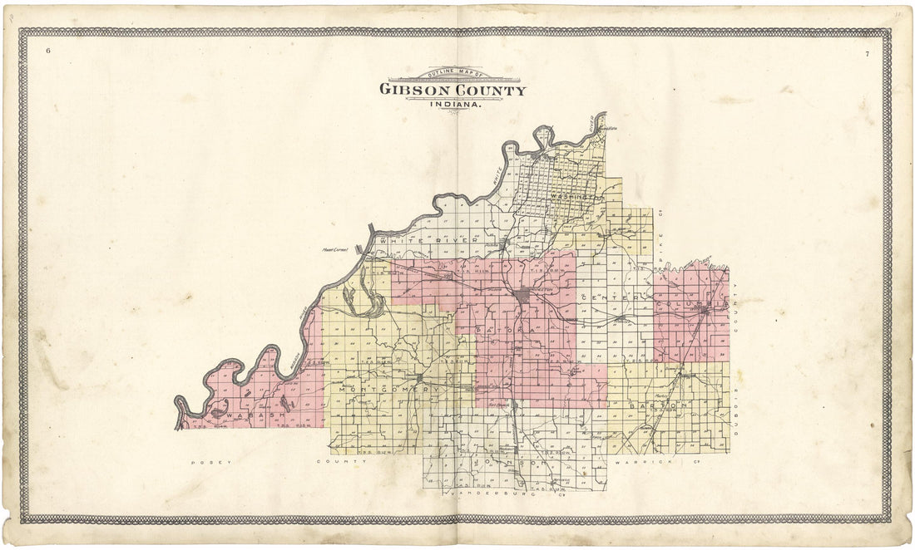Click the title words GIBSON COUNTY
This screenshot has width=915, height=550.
(453, 90)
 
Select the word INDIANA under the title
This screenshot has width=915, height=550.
(453, 104)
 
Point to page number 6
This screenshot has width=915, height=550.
(48, 52)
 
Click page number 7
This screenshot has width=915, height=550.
(867, 54)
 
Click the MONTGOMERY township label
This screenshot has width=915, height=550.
(382, 389)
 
